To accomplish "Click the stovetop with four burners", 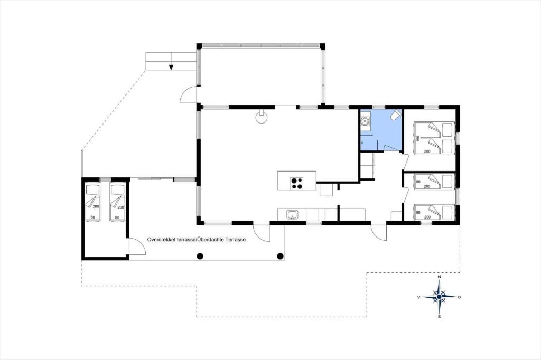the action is pos(297,183).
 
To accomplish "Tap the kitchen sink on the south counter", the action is pos(292,215).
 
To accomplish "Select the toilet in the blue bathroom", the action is pos(396,115).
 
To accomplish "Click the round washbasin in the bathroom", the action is pos(365,121).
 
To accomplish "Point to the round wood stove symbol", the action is pos(262,117).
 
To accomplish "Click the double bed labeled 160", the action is pos(433,138).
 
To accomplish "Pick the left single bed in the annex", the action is pos(92,202).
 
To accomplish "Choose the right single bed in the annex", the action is pos(117,202).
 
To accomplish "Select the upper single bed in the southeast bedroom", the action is pos(434,182).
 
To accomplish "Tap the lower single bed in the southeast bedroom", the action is pos(434,212).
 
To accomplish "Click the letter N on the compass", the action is pos(439,277).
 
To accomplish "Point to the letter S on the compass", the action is pos(439,317).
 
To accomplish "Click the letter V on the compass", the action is pos(419,297).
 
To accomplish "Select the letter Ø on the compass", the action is pos(459,297).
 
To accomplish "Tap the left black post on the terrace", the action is pos(200,256).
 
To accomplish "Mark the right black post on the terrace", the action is pos(280,256).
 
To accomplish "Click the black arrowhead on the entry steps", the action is pos(171,67).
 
